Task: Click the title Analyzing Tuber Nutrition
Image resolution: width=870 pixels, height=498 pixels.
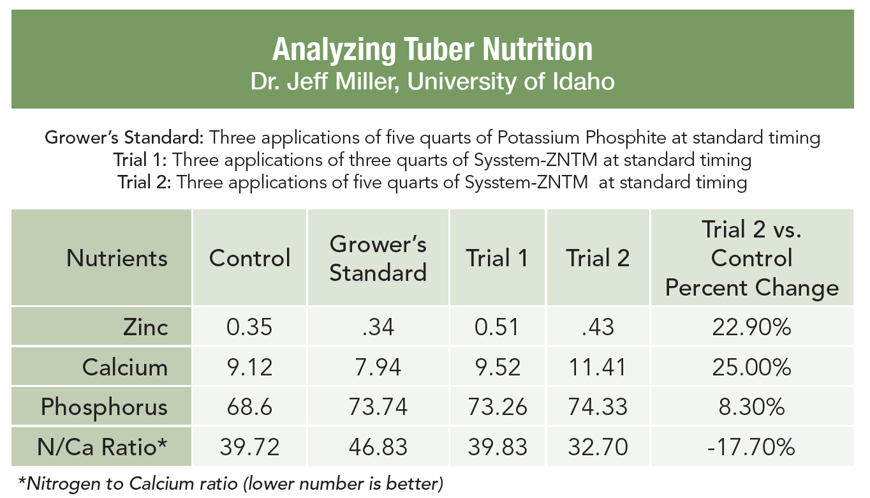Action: coord(432,49)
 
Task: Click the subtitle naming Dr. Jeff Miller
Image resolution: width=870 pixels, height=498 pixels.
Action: coord(432,82)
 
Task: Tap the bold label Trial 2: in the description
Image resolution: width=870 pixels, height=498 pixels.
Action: coord(144,182)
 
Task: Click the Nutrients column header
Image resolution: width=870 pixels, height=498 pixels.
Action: coord(117,258)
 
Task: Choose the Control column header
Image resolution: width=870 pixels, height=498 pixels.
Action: coord(250,258)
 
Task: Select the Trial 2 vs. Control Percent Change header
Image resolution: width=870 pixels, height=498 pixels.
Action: coord(751,258)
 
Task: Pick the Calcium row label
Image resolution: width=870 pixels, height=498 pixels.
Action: coord(125,367)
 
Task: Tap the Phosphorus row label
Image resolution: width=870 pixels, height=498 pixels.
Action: coord(105,407)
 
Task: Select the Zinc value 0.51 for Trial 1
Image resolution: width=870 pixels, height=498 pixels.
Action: coord(497,327)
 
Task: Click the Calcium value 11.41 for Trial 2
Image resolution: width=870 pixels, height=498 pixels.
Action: coord(598,367)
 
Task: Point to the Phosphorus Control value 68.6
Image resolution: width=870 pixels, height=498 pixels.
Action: coord(250,407)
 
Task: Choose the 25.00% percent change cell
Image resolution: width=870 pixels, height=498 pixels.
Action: coord(751,367)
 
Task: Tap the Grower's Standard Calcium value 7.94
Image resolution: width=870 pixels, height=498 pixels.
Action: coord(378,367)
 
